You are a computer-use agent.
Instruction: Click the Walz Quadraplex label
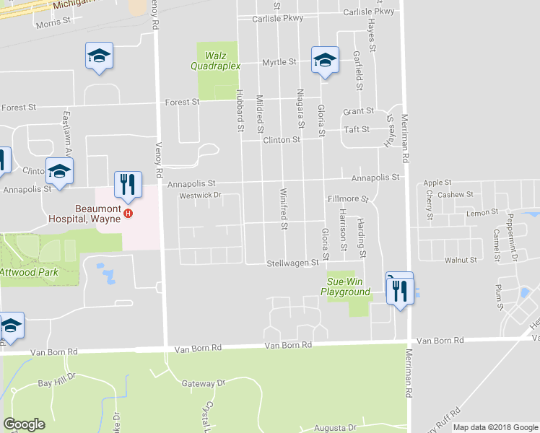(219, 61)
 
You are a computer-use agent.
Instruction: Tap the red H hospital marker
(129, 213)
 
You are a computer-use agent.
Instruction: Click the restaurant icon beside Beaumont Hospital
(128, 185)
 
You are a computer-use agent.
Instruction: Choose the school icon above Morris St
(99, 56)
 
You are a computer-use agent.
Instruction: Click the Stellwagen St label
(292, 263)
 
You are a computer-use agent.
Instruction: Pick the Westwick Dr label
(199, 195)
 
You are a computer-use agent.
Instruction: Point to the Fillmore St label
(348, 198)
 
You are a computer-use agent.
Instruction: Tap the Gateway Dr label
(204, 383)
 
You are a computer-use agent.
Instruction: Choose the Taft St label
(357, 129)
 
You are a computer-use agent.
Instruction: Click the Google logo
(24, 424)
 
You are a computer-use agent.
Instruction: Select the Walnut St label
(461, 259)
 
